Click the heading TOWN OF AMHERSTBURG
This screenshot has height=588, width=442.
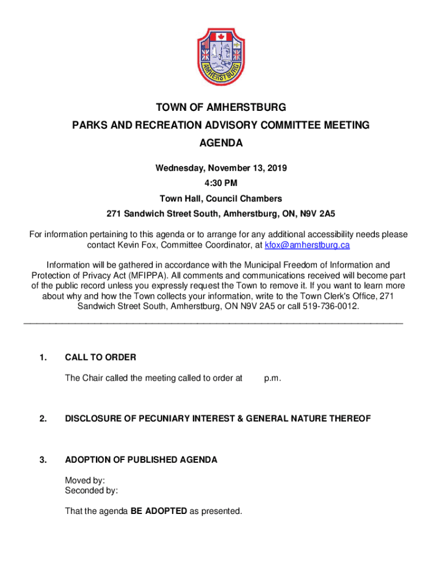(221, 107)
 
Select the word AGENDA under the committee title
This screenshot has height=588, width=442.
(221, 143)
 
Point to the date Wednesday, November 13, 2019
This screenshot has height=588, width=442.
(221, 168)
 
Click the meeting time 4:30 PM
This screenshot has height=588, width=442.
(221, 183)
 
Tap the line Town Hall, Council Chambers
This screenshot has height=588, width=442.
(221, 199)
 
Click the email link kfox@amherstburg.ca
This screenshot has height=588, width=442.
(307, 245)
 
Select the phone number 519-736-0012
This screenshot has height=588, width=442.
(331, 306)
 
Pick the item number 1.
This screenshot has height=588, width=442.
(43, 357)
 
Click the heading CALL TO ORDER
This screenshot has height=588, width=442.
(100, 357)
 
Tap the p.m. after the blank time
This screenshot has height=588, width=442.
(272, 378)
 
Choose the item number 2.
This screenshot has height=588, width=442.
(43, 419)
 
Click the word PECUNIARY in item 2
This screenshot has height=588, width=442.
(176, 419)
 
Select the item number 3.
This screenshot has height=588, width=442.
(43, 459)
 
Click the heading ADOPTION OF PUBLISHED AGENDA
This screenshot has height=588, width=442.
(141, 459)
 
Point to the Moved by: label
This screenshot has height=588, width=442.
(85, 480)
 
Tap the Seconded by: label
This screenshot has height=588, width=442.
(91, 490)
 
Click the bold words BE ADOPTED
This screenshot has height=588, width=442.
(158, 511)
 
